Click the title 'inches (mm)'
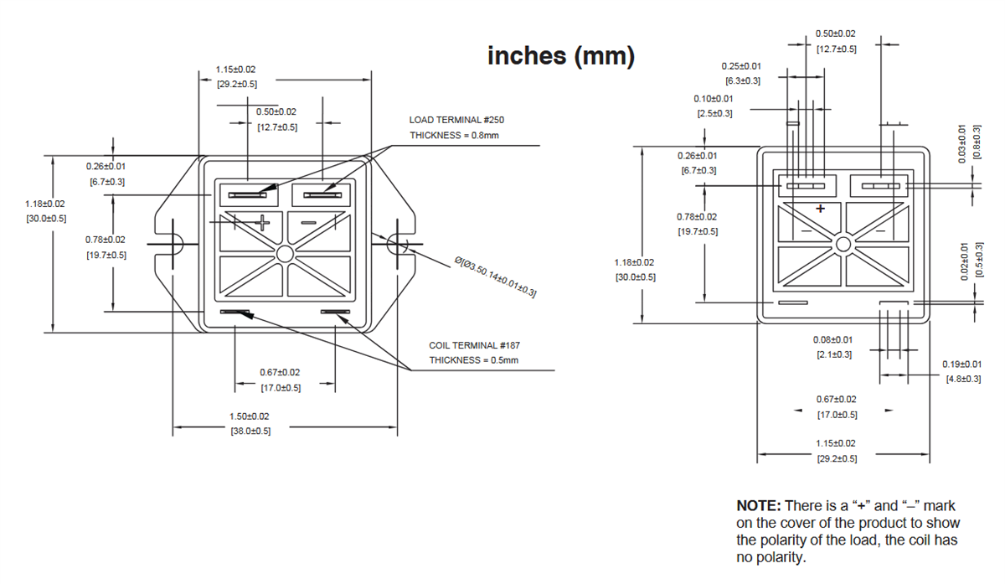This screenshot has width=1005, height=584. pos(561,56)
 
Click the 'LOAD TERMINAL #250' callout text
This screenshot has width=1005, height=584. pos(456,120)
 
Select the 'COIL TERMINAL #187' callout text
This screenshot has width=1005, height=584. pos(475,345)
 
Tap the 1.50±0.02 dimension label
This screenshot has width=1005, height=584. pos(250,416)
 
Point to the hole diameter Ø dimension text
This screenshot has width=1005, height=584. pos(494,277)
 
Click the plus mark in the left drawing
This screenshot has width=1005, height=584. pos(263,222)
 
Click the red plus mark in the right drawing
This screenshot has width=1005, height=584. pos(820,208)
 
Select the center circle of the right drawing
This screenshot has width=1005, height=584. pos(843,244)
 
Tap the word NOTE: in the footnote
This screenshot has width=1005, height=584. pos(758,506)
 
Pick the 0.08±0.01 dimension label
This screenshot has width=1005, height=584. pos(832,339)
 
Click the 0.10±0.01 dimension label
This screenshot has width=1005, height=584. pos(714,98)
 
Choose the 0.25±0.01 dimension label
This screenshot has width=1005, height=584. pos(741,65)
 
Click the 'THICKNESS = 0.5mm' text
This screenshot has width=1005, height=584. pos(474,360)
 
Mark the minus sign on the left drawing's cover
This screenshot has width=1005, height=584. pos(308,222)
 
